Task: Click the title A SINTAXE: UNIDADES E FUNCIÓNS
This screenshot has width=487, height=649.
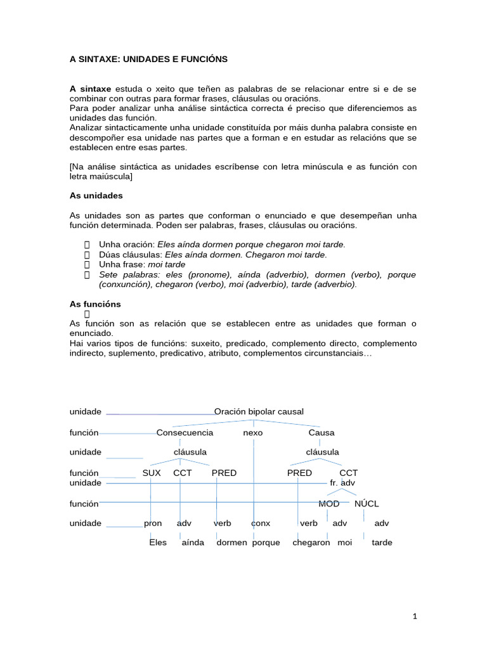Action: click(x=148, y=59)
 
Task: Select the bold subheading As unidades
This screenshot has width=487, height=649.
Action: click(x=96, y=196)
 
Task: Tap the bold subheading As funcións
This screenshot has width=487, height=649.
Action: click(x=94, y=304)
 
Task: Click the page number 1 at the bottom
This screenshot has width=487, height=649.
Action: click(x=415, y=615)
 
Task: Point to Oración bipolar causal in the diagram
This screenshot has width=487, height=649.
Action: click(x=259, y=412)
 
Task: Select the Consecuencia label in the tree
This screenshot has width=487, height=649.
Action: click(x=185, y=433)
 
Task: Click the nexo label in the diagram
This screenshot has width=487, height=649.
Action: click(x=252, y=433)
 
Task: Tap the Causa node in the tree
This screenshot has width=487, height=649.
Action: click(x=321, y=433)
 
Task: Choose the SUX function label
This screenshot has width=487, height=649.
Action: click(x=152, y=473)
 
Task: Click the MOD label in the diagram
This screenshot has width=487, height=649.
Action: click(x=328, y=504)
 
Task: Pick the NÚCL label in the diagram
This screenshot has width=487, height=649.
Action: click(x=367, y=504)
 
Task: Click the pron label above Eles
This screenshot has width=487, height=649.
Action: click(x=153, y=524)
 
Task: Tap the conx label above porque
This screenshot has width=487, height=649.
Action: click(x=261, y=524)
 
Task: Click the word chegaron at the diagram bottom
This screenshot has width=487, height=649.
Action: click(x=311, y=543)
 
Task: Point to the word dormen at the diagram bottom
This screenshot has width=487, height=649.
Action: click(x=231, y=543)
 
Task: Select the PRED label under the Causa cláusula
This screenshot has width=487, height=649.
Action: click(x=299, y=473)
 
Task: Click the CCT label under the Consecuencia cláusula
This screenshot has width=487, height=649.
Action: click(x=183, y=473)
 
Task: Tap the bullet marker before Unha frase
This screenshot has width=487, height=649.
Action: click(x=88, y=265)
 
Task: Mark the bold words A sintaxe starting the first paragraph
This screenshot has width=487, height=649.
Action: click(x=90, y=89)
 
